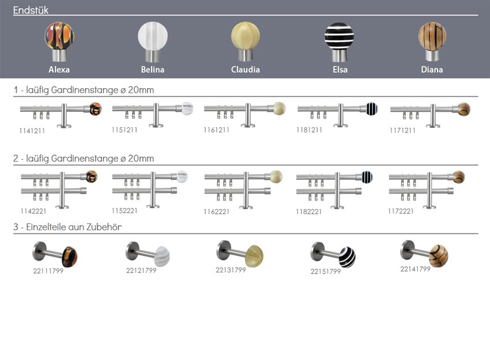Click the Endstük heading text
(x=31, y=10)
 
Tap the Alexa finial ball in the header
(x=59, y=36)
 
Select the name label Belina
(x=153, y=70)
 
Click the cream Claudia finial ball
(x=246, y=36)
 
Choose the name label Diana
(x=432, y=70)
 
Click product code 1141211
(x=32, y=131)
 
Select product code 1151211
(x=125, y=130)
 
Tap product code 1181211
(x=310, y=130)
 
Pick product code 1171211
(x=402, y=130)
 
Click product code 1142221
(x=32, y=211)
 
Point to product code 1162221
(x=216, y=211)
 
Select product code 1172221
(x=401, y=211)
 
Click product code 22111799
(x=48, y=271)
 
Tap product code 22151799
(x=326, y=271)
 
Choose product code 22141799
(x=416, y=268)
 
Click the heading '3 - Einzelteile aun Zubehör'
(x=67, y=227)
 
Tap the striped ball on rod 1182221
(x=367, y=177)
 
